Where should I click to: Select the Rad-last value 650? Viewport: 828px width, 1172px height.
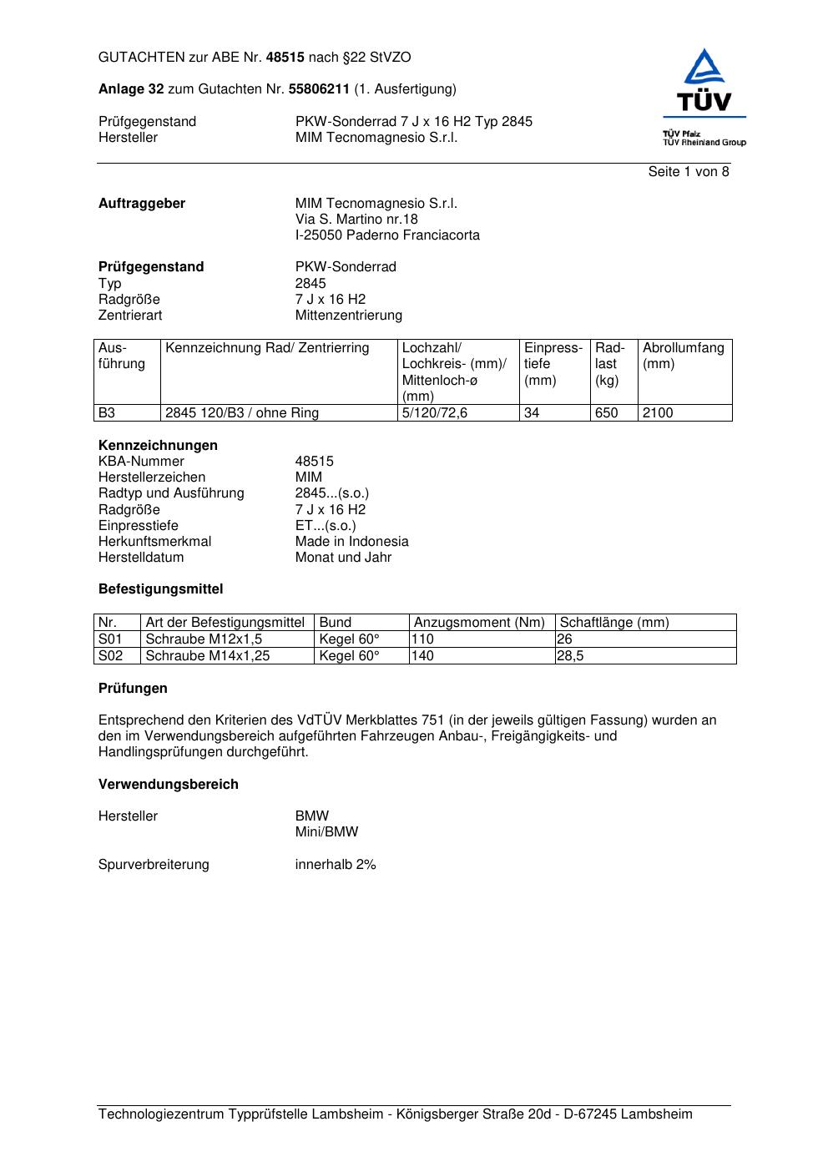pyautogui.click(x=606, y=413)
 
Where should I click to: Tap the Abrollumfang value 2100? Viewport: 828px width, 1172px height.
pyautogui.click(x=658, y=413)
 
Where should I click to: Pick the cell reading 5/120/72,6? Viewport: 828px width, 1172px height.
pyautogui.click(x=435, y=413)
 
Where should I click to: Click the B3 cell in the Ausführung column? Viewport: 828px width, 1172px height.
pyautogui.click(x=107, y=413)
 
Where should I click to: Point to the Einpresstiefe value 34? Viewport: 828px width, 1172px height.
pyautogui.click(x=532, y=413)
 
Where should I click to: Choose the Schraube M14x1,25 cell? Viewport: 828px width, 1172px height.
pyautogui.click(x=208, y=656)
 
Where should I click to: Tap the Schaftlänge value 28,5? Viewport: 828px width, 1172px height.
pyautogui.click(x=570, y=656)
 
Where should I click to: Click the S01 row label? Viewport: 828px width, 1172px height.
pyautogui.click(x=110, y=639)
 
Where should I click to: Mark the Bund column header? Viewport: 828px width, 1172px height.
pyautogui.click(x=336, y=623)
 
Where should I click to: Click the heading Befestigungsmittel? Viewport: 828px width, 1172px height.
pyautogui.click(x=161, y=589)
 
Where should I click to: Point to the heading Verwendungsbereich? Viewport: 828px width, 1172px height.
pyautogui.click(x=169, y=785)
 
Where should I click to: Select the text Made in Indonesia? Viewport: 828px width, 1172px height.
pyautogui.click(x=352, y=542)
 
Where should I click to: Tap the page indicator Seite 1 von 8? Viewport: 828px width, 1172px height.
pyautogui.click(x=689, y=172)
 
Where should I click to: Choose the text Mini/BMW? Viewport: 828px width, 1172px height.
pyautogui.click(x=326, y=832)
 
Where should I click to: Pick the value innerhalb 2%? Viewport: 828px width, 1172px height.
pyautogui.click(x=336, y=865)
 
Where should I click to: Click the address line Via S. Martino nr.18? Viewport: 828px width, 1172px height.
pyautogui.click(x=356, y=220)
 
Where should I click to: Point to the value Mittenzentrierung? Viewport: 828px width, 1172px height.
pyautogui.click(x=349, y=316)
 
